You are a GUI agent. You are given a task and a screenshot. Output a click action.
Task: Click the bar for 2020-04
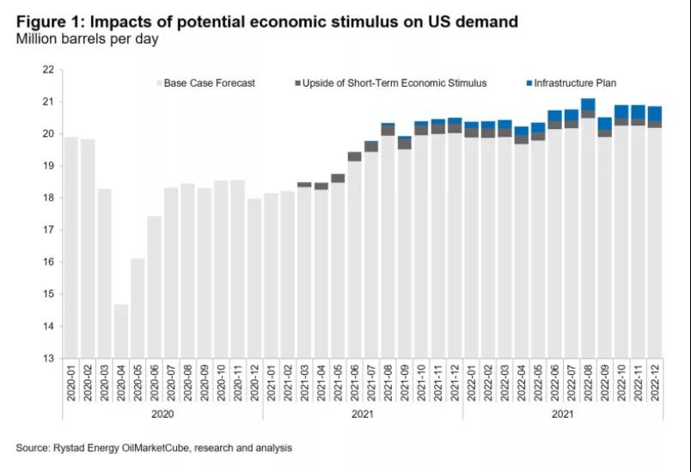(121, 331)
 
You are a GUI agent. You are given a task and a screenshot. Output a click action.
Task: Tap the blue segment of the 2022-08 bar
(588, 104)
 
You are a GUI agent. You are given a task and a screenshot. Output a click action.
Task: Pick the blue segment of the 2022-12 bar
(655, 113)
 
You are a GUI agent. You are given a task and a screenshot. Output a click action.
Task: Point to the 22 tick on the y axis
(48, 70)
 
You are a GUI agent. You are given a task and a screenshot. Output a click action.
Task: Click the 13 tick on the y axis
(48, 359)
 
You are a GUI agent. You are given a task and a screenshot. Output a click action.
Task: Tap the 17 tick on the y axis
(48, 230)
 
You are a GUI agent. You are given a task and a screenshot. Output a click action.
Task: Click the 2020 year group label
(162, 414)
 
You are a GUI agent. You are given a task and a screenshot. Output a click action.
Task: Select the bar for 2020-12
(254, 279)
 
